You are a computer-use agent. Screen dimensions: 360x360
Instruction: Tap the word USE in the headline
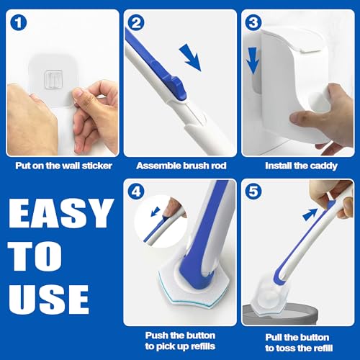(x=49, y=297)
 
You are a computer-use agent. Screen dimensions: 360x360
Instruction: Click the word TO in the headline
(x=37, y=256)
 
